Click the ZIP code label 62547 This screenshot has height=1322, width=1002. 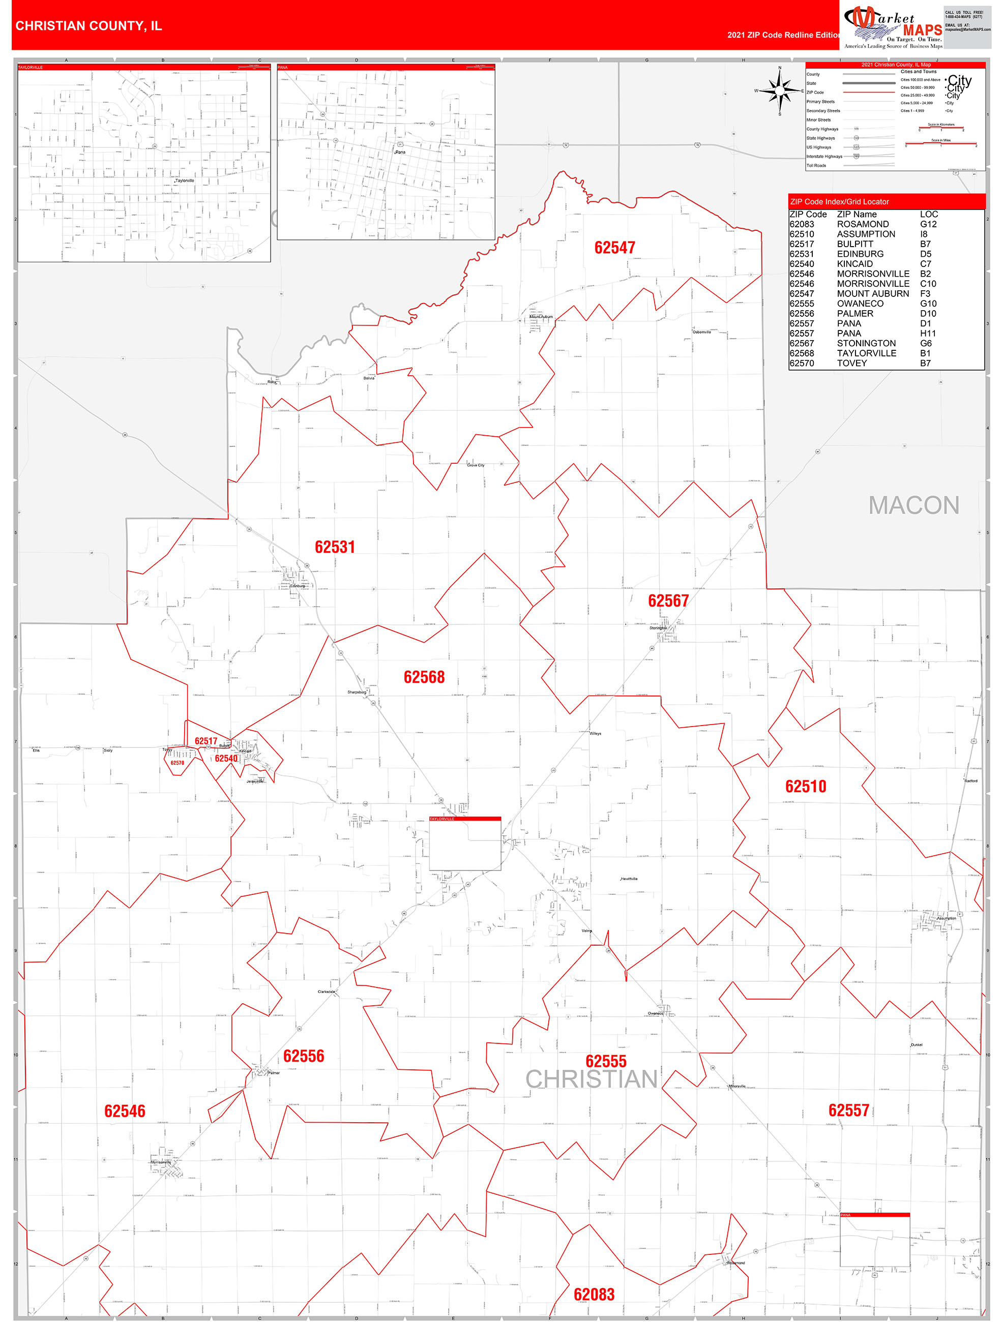614,248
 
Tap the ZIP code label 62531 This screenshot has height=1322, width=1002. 335,547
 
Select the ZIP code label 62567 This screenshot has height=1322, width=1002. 668,600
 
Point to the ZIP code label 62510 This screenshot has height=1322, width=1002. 805,786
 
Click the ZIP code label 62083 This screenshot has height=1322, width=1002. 594,1294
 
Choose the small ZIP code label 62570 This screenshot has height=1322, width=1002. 177,763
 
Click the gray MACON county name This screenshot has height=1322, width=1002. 913,505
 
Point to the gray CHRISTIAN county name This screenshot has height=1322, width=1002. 591,1079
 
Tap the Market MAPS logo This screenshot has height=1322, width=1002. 893,27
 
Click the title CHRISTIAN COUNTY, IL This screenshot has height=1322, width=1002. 89,26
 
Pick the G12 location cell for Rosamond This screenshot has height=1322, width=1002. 928,224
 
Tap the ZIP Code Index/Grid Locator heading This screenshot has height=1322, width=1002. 839,201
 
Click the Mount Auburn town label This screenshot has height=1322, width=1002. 542,317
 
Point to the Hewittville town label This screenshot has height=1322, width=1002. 630,879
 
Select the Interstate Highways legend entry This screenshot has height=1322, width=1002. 824,157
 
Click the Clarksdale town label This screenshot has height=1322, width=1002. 327,991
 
